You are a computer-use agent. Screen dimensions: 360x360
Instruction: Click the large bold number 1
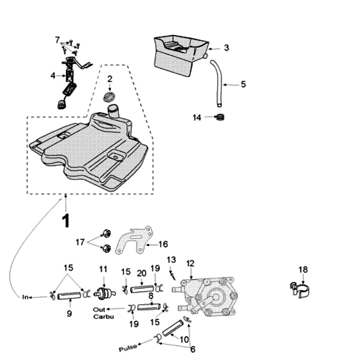[66, 221]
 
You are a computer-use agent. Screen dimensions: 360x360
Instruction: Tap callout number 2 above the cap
[109, 80]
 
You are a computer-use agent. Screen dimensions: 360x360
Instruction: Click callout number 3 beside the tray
[226, 48]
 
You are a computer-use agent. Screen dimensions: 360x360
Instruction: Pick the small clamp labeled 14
[220, 117]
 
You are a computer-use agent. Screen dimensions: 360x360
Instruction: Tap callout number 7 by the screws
[57, 40]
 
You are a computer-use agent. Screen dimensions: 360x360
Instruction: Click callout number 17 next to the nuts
[80, 242]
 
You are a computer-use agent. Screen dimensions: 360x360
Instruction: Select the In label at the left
[26, 297]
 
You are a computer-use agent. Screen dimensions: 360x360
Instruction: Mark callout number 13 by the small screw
[171, 260]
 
